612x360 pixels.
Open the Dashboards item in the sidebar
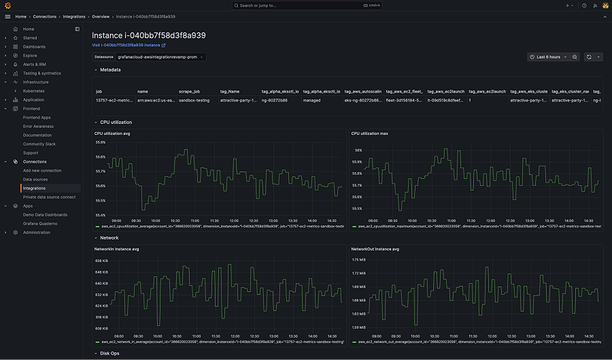point(34,47)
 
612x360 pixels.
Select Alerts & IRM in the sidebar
point(35,65)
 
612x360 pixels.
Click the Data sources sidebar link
point(35,180)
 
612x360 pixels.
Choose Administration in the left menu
point(36,233)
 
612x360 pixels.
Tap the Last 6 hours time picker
point(547,57)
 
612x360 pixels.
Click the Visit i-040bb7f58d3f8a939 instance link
point(129,45)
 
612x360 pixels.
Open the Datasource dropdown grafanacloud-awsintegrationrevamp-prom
point(160,57)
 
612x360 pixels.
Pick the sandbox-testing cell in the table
point(193,100)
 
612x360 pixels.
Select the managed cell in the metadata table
point(313,100)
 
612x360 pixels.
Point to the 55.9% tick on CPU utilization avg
point(100,142)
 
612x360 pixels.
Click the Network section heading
point(109,238)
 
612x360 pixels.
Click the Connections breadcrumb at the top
point(45,16)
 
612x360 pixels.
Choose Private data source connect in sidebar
point(49,197)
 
